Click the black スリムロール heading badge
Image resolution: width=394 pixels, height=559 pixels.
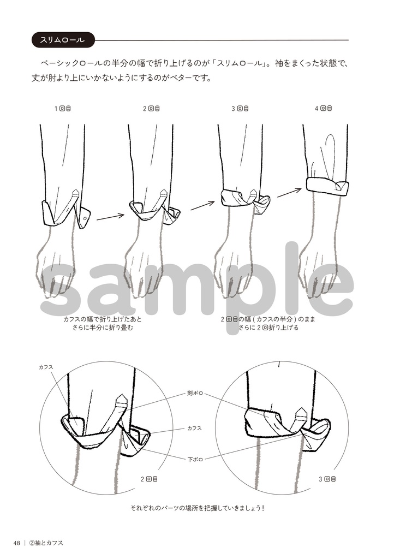63,40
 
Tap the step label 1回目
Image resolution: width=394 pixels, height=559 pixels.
62,108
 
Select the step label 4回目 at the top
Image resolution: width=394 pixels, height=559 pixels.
324,108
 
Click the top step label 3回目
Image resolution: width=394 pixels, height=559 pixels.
240,109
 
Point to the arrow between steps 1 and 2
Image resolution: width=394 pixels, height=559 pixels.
110,216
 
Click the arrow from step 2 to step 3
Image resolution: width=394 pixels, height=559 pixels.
202,206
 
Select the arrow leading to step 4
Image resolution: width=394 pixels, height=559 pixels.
290,192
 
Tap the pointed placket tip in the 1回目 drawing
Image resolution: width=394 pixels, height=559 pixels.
75,192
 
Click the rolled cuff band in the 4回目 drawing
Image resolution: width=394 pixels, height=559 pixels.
327,187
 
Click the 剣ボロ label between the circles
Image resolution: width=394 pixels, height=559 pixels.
195,394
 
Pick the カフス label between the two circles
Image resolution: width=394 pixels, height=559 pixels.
195,428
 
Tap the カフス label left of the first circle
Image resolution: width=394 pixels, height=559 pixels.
46,367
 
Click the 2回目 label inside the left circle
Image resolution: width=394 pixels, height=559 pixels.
149,479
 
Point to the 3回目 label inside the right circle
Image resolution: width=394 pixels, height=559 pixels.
327,479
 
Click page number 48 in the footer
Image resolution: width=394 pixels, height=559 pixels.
17,543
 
